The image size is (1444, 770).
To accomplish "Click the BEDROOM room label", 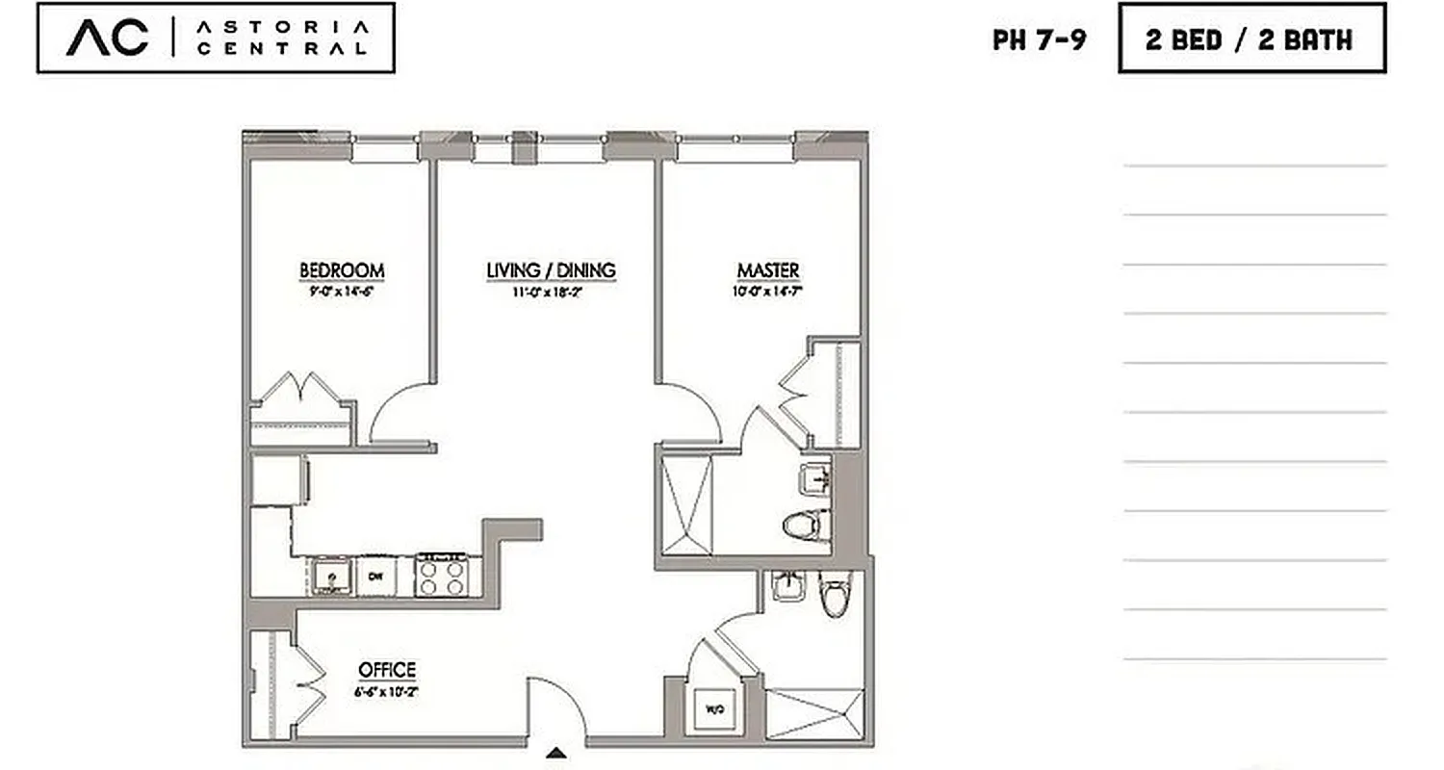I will [342, 270].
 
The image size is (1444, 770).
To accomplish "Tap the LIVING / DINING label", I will [551, 270].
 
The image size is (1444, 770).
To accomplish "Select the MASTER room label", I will [768, 270].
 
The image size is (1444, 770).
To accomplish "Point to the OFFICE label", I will [387, 670].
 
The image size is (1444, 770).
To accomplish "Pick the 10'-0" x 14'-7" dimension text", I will [768, 291].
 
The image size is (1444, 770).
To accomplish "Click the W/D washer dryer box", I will [714, 710].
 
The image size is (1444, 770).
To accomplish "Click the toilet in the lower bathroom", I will [834, 593].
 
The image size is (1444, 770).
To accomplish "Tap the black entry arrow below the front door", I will [556, 753].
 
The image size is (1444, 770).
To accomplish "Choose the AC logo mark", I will [108, 38].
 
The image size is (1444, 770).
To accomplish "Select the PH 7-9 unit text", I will [1040, 40].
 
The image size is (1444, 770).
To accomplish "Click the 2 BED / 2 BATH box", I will [1251, 38].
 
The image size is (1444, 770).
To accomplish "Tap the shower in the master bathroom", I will [686, 506].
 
